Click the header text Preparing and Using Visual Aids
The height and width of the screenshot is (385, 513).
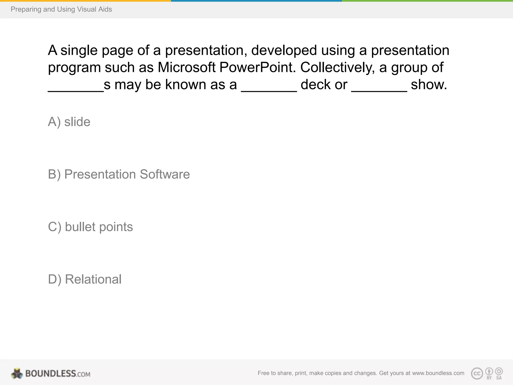61,9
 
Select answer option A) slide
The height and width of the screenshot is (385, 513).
69,122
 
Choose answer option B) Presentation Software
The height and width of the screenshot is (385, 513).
119,174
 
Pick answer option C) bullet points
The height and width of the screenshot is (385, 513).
90,227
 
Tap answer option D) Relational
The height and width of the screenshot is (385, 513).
85,279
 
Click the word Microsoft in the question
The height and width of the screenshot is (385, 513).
186,67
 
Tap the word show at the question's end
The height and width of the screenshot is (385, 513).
429,85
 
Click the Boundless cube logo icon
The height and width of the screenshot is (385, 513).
17,373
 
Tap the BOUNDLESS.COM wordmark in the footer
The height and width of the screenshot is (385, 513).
58,374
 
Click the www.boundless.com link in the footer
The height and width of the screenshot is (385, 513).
438,373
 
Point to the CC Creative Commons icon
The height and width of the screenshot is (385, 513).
477,373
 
